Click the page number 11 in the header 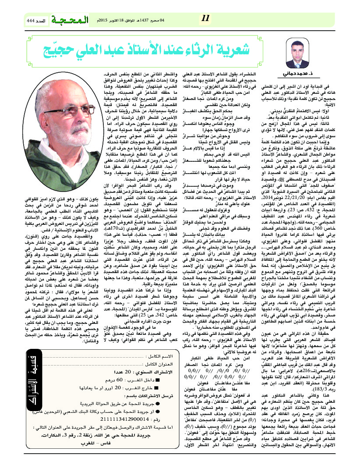(x=206, y=18)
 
